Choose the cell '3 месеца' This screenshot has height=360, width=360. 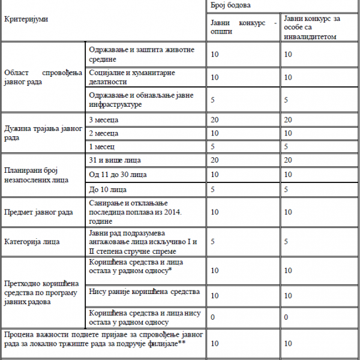click(103, 121)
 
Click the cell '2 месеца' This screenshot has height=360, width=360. click(103, 133)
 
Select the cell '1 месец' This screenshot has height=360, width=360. click(101, 146)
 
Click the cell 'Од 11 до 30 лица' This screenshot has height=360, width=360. click(117, 175)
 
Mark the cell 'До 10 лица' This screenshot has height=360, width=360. click(108, 190)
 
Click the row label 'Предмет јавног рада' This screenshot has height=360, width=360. click(38, 212)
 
